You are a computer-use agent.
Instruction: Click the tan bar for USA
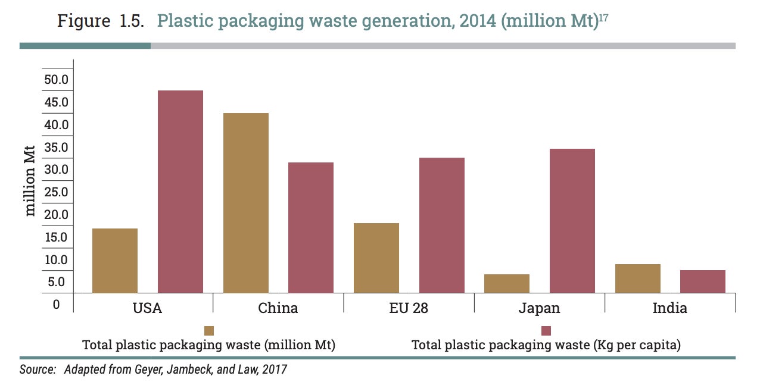[115, 261]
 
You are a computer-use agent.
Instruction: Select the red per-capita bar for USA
[180, 192]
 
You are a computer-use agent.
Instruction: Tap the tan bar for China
[245, 203]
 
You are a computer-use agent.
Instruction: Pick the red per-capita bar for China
[311, 227]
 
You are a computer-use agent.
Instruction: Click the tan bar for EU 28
[376, 258]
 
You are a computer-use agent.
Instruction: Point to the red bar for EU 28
[441, 225]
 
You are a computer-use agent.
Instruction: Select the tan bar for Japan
[507, 283]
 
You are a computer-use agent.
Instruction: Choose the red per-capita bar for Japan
[572, 221]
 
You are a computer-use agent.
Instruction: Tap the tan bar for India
[637, 278]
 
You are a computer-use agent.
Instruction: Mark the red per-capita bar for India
[703, 281]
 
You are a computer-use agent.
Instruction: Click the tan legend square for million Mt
[209, 331]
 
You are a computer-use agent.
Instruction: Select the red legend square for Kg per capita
[546, 331]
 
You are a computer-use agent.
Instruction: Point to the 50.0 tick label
[57, 80]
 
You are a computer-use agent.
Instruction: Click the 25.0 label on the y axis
[57, 192]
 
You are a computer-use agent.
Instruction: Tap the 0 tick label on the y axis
[57, 305]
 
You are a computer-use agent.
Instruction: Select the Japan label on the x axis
[539, 308]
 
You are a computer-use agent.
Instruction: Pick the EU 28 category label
[408, 308]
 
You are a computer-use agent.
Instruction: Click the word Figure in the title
[83, 21]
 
